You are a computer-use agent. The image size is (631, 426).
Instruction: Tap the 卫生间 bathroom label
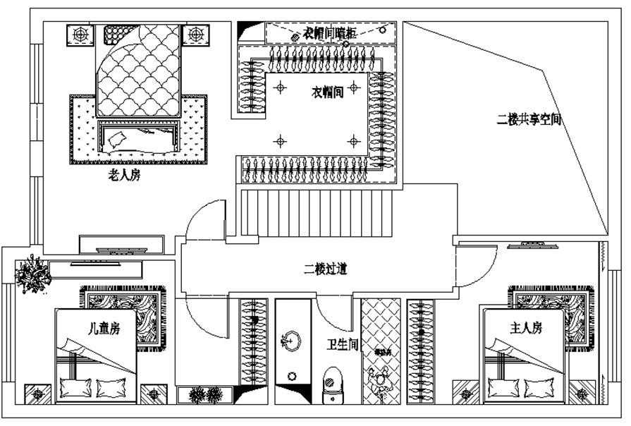click(343, 346)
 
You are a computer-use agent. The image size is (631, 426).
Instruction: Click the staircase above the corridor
click(314, 212)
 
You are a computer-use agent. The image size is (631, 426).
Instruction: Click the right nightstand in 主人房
click(582, 393)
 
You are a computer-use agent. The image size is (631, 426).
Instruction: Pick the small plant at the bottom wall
click(206, 395)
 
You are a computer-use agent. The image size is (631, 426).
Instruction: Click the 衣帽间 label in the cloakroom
click(328, 92)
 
